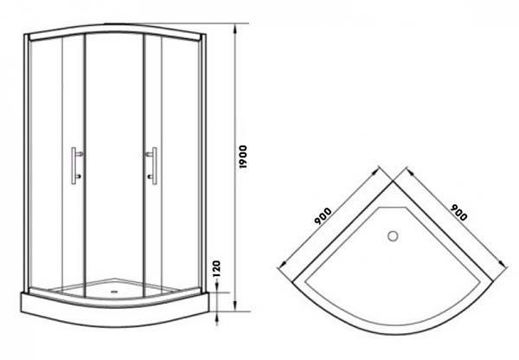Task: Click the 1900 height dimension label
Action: (243, 157)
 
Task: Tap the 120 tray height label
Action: (216, 268)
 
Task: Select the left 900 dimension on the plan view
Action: (323, 216)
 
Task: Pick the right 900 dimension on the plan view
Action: (458, 212)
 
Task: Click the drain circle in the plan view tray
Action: (393, 235)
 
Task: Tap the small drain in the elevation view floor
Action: (114, 292)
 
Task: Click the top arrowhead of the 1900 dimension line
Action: (235, 29)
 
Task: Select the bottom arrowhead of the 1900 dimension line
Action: (235, 306)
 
